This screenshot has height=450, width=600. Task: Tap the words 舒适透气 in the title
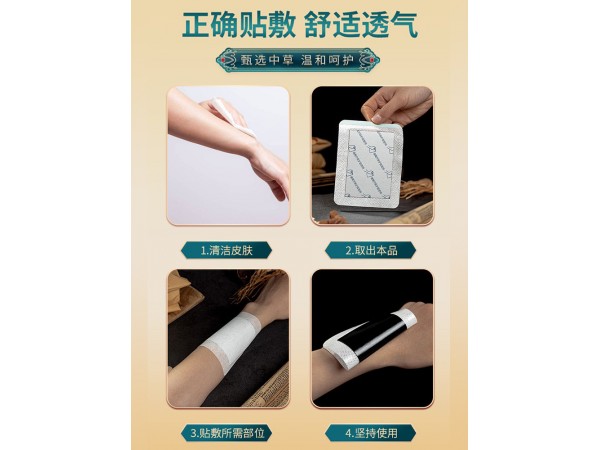coord(371,24)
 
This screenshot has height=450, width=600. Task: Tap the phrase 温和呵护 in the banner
coord(335,60)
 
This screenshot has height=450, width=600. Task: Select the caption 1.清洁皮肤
coord(228,249)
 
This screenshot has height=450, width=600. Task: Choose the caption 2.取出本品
coord(371,249)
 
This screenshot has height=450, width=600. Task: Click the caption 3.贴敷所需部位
coord(228,433)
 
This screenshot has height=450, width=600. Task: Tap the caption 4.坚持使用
coord(371,433)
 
